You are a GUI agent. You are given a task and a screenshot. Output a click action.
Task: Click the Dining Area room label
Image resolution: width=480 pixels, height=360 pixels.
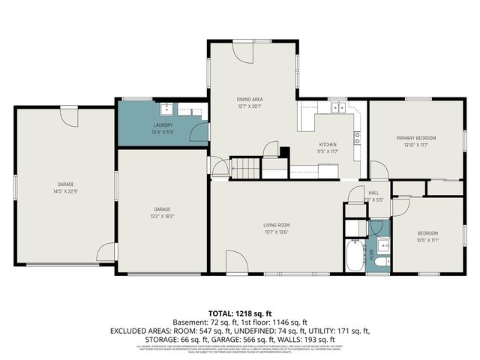(250, 98)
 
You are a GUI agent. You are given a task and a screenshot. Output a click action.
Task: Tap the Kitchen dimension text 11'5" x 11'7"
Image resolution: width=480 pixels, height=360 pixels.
(328, 151)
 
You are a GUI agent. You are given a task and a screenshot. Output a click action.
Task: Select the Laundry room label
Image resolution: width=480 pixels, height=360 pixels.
(163, 125)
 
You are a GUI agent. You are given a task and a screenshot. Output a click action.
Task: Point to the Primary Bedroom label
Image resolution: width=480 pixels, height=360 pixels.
(416, 138)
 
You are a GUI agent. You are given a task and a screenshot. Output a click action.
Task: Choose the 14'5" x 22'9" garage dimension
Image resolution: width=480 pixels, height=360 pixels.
(65, 191)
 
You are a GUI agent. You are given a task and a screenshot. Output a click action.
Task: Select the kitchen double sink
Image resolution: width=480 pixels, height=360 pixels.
(338, 108)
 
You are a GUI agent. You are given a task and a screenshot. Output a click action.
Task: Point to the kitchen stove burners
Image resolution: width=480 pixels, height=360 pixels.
(358, 137)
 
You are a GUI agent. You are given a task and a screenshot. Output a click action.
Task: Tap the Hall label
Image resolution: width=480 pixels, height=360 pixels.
(373, 193)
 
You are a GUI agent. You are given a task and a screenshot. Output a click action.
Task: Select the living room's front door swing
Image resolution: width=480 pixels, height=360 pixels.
(237, 262)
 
